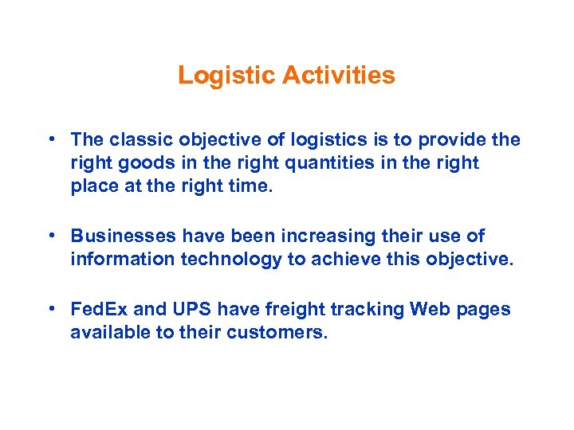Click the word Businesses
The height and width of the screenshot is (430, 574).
pyautogui.click(x=123, y=236)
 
